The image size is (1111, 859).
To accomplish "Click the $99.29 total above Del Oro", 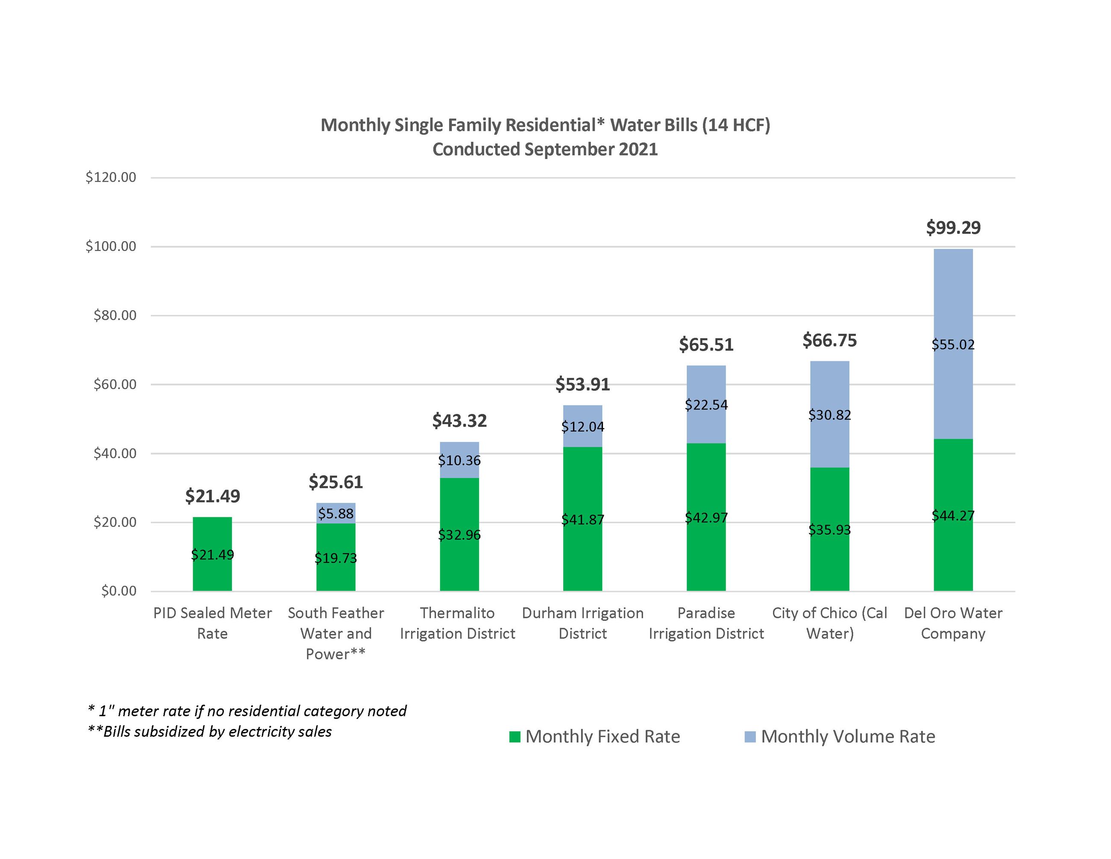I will [953, 227].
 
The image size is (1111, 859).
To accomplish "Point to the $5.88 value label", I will [336, 514].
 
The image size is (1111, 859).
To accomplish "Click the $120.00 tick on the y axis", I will [111, 177].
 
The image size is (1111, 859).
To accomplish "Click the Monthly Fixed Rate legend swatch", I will [515, 736].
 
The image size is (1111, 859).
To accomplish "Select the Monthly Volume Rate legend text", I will [848, 736].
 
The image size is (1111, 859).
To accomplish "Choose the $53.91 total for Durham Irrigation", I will [582, 384].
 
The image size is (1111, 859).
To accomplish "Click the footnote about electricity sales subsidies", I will [209, 731].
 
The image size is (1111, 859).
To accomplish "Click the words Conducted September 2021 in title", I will [545, 149].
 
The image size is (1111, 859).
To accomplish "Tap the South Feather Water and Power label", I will [336, 633].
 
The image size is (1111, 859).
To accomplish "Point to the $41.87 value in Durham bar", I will [582, 520].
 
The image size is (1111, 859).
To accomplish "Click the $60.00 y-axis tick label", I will [115, 384].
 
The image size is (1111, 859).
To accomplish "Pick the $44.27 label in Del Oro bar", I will [953, 516].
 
